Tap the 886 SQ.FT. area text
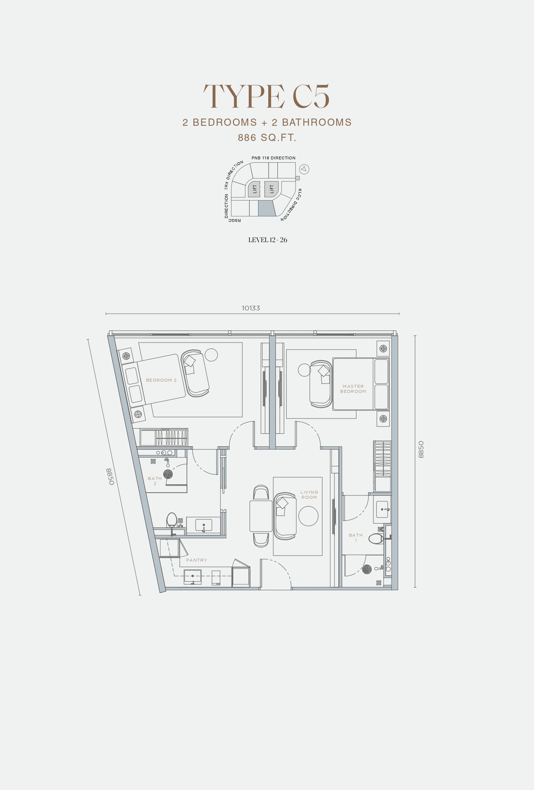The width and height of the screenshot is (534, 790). (x=267, y=138)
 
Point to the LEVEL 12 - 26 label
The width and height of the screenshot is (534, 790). (x=268, y=240)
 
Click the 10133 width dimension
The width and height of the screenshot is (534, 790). (x=251, y=308)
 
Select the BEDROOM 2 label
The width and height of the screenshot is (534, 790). (x=161, y=380)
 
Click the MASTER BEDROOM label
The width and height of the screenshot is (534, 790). (x=353, y=389)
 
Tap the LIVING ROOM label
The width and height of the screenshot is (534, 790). (x=309, y=495)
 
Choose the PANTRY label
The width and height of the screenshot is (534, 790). (x=197, y=560)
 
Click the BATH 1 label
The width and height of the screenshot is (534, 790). (x=356, y=538)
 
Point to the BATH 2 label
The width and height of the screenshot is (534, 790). (x=155, y=481)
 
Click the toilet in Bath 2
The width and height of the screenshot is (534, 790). (x=172, y=520)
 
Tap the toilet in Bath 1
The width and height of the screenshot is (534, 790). (x=376, y=539)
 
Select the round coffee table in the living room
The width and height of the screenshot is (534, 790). (x=308, y=516)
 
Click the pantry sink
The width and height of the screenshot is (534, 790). (x=193, y=577)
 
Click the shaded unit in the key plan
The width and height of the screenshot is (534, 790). (x=267, y=209)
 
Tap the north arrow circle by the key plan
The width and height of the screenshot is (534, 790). (x=304, y=169)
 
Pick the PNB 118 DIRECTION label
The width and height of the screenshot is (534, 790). (x=274, y=158)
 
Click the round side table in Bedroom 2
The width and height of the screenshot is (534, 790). (x=211, y=355)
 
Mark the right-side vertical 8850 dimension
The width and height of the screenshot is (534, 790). (x=421, y=450)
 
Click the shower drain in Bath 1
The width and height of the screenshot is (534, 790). (x=367, y=569)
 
